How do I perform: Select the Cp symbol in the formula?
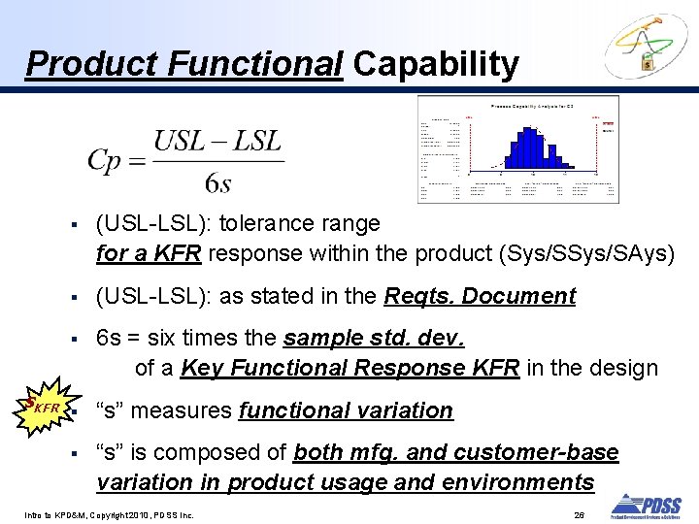pyautogui.click(x=110, y=161)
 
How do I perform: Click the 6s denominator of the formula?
pyautogui.click(x=217, y=181)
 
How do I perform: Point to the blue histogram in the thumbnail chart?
pyautogui.click(x=529, y=146)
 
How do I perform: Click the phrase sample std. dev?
pyautogui.click(x=374, y=339)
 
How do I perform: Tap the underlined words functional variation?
pyautogui.click(x=346, y=410)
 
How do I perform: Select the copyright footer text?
pyautogui.click(x=110, y=514)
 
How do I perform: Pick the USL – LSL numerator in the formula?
pyautogui.click(x=217, y=142)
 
